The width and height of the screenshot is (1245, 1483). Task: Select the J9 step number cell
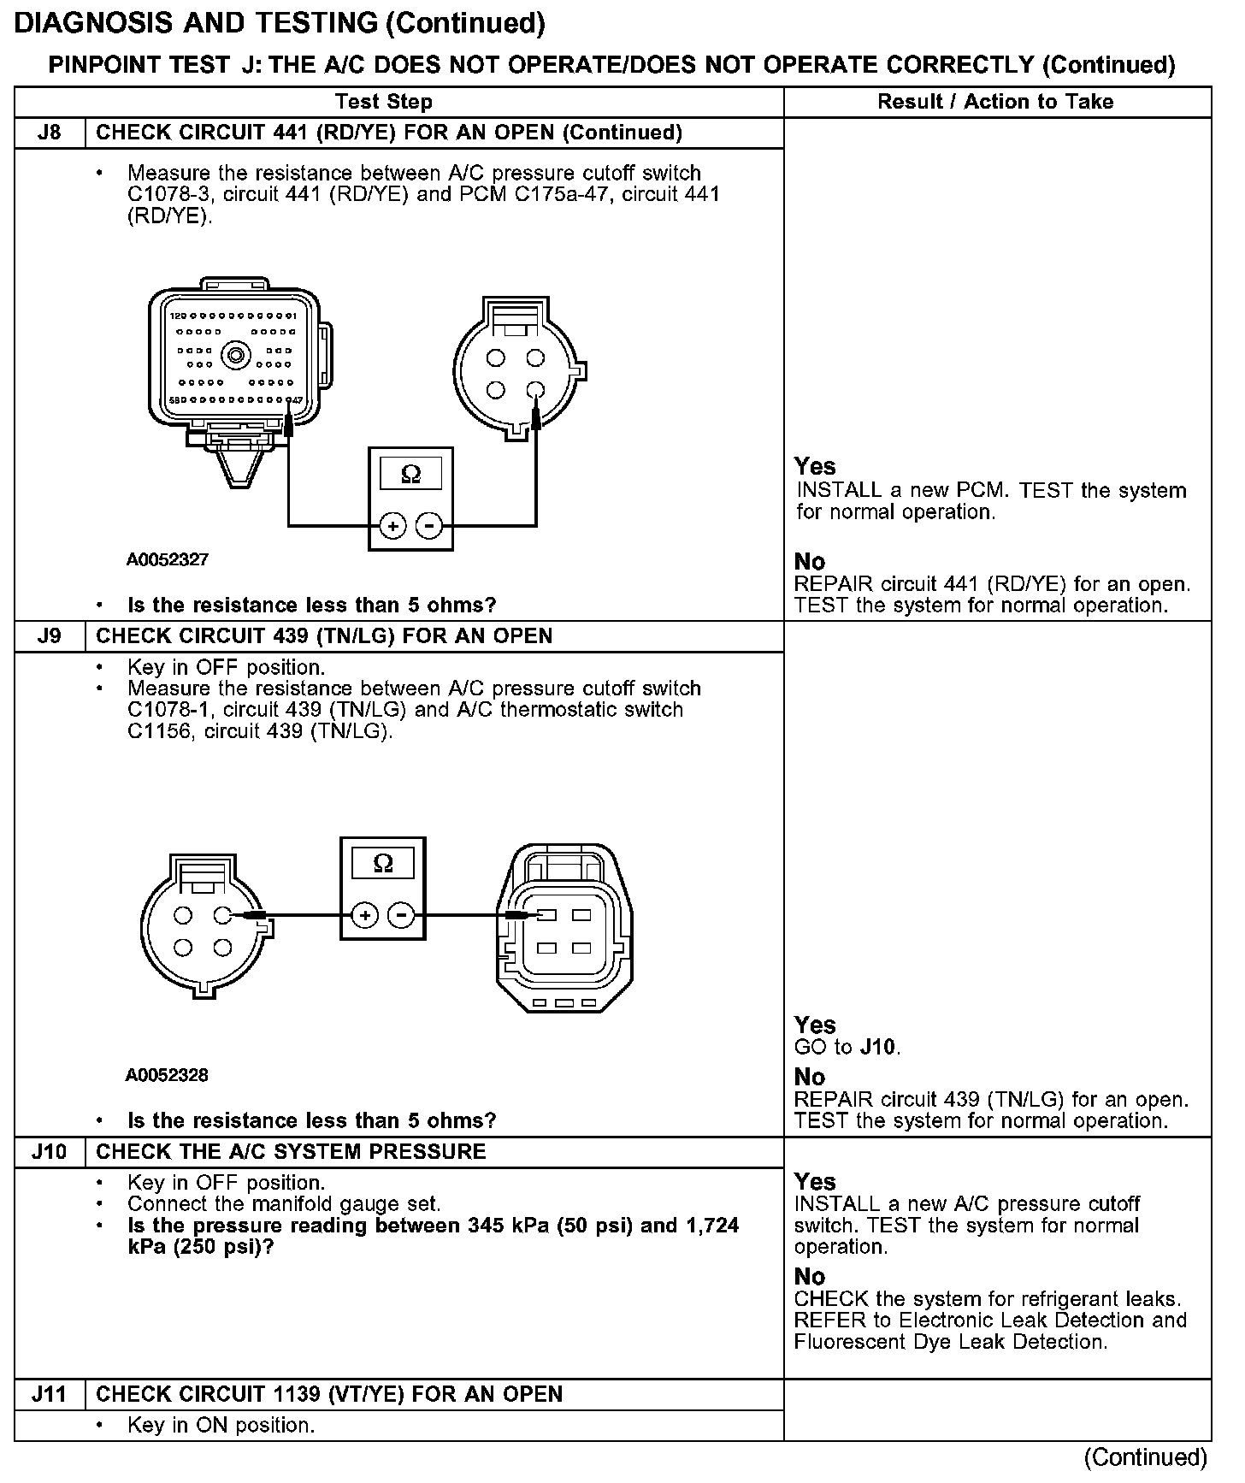pos(50,636)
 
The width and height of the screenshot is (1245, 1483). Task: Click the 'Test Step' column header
pos(384,102)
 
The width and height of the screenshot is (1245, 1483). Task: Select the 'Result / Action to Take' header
pos(995,102)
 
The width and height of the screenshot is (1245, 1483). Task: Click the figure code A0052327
pos(168,560)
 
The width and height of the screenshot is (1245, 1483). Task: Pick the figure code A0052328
pos(167,1075)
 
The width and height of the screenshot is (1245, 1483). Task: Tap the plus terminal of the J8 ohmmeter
pos(392,526)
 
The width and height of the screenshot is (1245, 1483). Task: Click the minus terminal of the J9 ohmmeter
pos(402,916)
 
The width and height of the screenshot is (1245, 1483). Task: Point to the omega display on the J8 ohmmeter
pos(411,474)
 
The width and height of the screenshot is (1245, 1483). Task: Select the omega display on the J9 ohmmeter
pos(383,864)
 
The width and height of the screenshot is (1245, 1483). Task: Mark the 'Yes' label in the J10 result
pos(815,1182)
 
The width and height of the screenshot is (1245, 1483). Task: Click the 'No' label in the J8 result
pos(810,562)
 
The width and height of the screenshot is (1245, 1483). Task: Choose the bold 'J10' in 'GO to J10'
pos(879,1047)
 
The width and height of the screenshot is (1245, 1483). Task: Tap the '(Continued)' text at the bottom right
pos(1146,1457)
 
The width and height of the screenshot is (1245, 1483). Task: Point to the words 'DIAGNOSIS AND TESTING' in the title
pos(197,23)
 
